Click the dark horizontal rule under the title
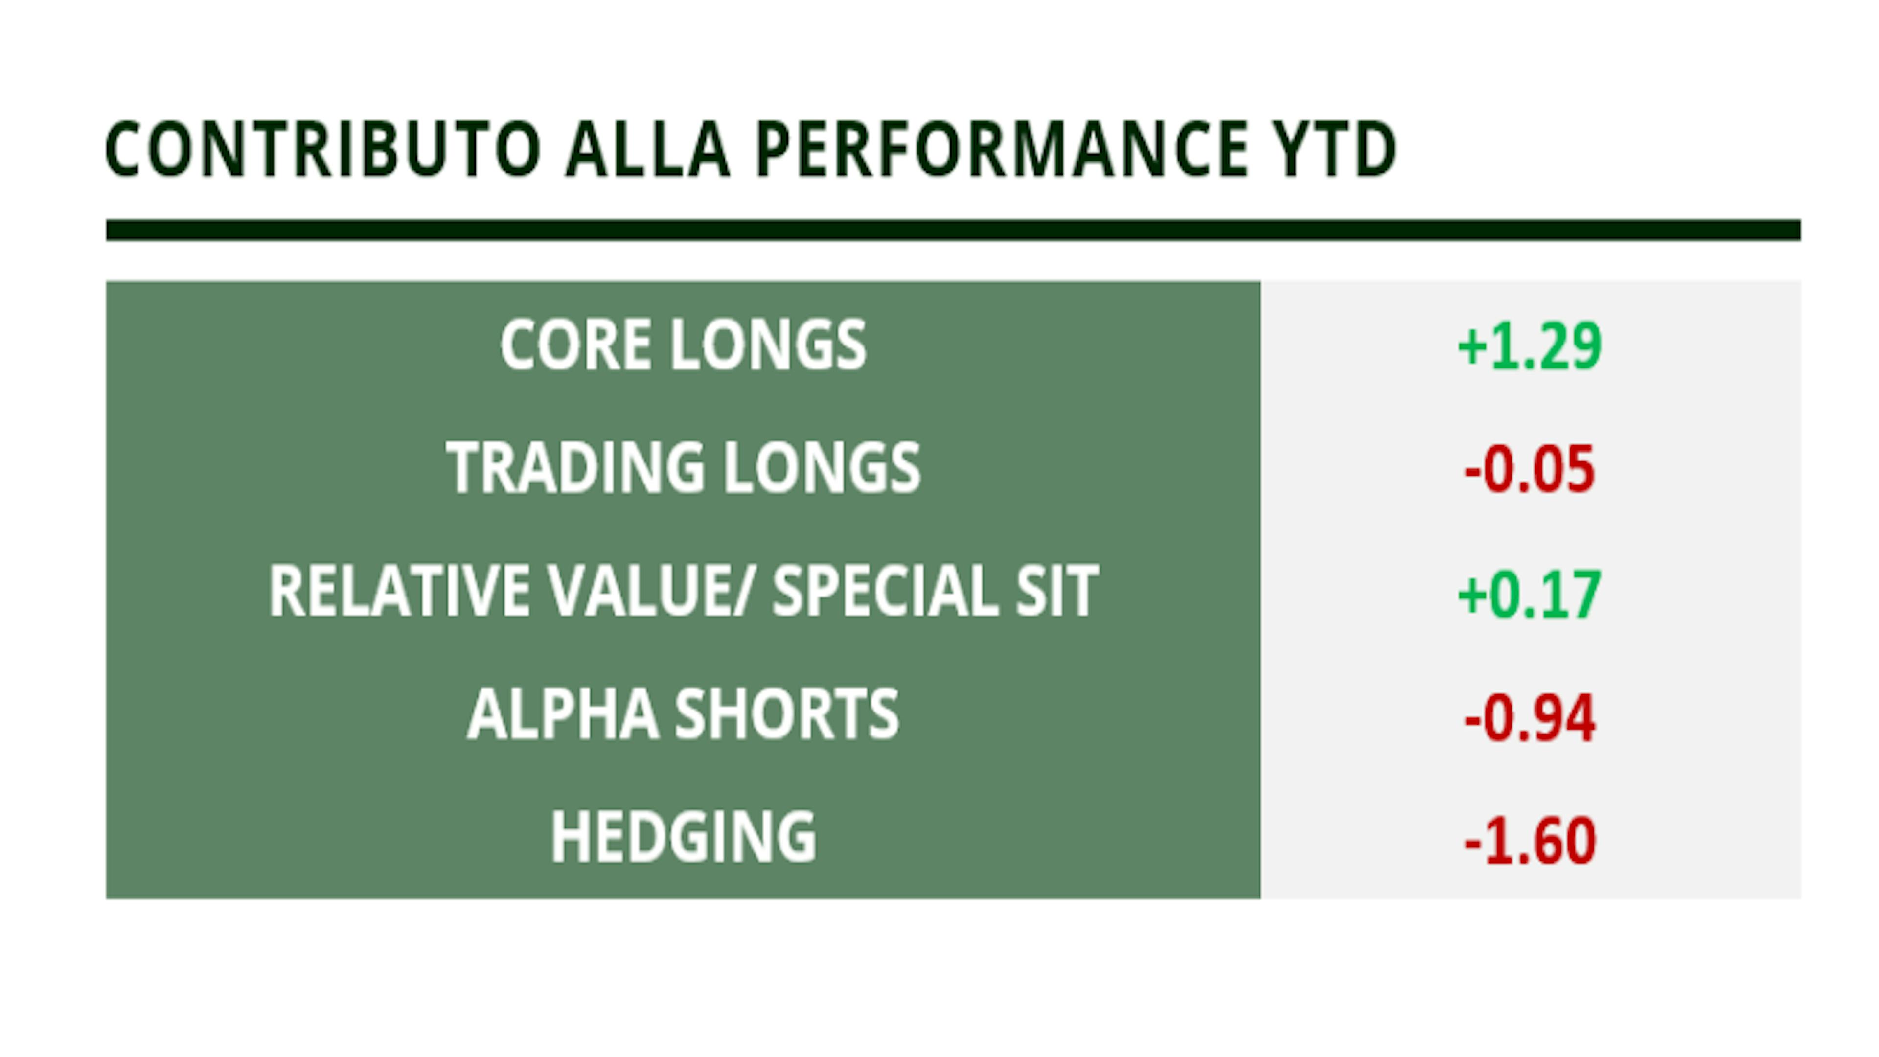click(953, 230)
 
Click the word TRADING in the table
click(575, 468)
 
